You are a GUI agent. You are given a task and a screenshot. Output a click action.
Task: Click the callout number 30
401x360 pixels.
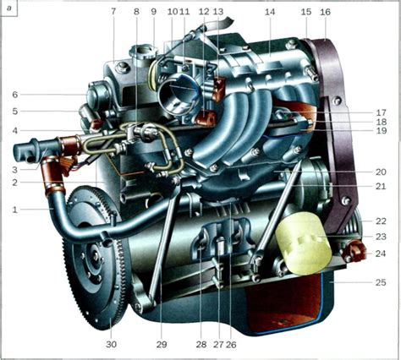pos(111,344)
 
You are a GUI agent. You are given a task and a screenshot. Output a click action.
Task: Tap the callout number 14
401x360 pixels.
pos(270,12)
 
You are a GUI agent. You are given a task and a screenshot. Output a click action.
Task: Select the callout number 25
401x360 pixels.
pos(381,282)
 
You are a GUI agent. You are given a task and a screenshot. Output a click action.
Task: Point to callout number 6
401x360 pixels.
pos(15,95)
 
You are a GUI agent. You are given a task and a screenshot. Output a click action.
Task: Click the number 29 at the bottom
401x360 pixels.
pos(162,344)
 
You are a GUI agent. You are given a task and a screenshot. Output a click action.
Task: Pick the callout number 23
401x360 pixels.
pos(381,237)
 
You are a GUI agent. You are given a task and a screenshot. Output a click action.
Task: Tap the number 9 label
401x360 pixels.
pos(154,12)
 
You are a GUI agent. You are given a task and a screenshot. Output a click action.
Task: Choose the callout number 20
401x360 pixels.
pos(381,172)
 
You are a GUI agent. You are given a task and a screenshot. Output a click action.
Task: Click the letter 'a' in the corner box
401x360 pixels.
pos(9,8)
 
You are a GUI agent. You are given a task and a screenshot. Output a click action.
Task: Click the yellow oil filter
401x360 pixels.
pos(303,243)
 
